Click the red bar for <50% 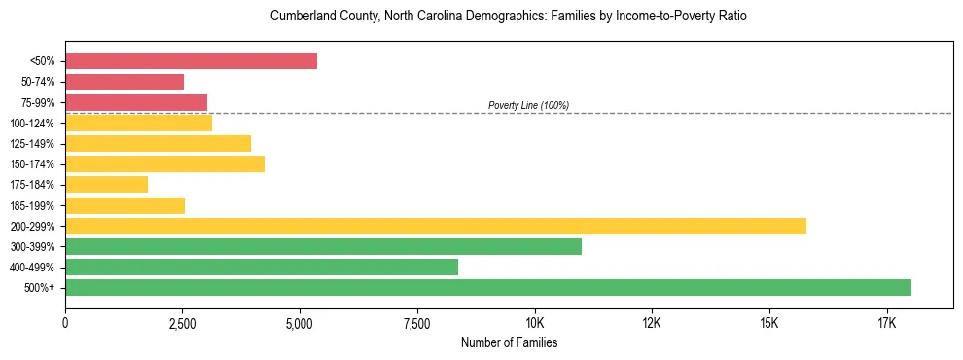(191, 60)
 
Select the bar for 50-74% (125, 82)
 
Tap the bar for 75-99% (136, 102)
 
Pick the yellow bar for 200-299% (436, 226)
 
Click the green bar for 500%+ (488, 287)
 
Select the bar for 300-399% (323, 246)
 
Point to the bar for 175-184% (106, 184)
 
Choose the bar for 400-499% (262, 267)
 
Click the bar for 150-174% (164, 163)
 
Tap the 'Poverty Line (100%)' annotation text (528, 105)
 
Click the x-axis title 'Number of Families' (509, 342)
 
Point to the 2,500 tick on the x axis (183, 322)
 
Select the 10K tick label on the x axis (534, 322)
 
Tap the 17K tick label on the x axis (886, 322)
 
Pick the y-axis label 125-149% (32, 144)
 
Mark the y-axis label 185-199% (32, 205)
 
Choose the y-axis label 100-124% (32, 124)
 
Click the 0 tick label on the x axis (65, 322)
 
